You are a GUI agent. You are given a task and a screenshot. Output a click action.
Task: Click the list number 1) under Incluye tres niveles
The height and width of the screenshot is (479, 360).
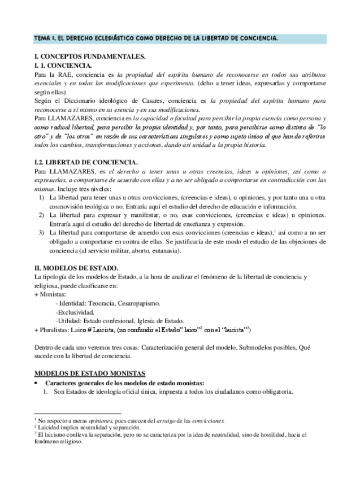tap(41, 198)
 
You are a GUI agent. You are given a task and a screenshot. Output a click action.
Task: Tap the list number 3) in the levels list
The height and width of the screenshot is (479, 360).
tap(41, 233)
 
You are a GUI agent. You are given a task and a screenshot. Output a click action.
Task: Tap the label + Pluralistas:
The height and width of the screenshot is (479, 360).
tap(54, 329)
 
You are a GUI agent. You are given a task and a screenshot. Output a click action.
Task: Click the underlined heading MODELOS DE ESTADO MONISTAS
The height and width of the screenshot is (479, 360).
tap(90, 373)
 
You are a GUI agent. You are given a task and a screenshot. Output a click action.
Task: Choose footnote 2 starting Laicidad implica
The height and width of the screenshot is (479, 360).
tap(85, 428)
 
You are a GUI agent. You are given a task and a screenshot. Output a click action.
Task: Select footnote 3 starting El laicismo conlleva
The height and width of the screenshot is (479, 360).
tap(170, 434)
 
